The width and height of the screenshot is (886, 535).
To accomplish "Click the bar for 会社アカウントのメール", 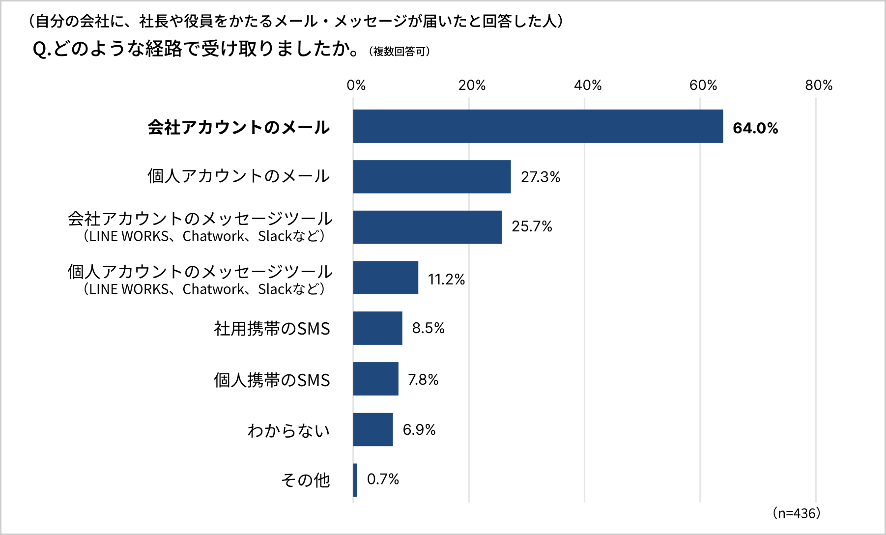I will pos(538,126).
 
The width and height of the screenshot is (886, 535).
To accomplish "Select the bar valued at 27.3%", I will pos(431,177).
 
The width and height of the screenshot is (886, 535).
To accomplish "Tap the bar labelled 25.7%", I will pos(427,227).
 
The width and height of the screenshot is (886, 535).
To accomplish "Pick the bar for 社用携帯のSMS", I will pos(377,328).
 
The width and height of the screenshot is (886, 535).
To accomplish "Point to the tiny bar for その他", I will pos(355,480).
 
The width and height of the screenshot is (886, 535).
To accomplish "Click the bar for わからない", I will pos(373,429).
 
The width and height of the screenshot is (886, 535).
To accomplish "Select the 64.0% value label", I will pos(755,128).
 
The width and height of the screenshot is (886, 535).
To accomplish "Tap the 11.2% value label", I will pos(446,279).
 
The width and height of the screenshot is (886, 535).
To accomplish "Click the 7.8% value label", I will pos(423,379).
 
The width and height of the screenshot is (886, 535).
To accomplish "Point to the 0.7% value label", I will pos(383,479).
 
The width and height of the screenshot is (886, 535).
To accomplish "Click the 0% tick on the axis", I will pos(356,85).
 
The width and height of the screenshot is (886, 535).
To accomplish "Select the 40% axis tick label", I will pos(588,85).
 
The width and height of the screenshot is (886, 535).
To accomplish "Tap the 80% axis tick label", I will pos(819,85).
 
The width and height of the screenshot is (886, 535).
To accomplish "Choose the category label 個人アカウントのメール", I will pos(238,176).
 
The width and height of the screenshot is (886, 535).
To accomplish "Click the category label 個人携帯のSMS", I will pos(272,380).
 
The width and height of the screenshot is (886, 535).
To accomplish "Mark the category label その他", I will pos(305,480).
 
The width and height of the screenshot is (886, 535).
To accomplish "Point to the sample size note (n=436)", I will pos(796,513).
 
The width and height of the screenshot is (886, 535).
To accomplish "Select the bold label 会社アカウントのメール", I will pos(238,127).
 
